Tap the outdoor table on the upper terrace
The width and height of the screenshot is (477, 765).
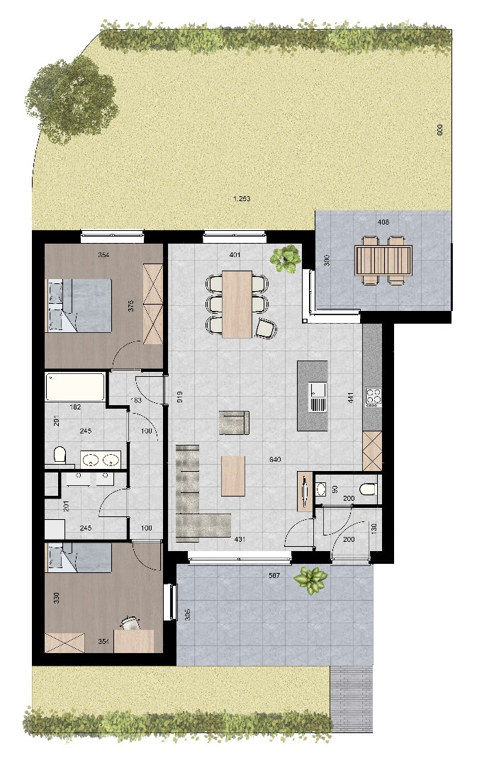383,259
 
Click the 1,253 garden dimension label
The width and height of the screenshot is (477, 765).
242,199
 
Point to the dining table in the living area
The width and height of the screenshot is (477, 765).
237,302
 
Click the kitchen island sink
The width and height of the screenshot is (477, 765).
317,397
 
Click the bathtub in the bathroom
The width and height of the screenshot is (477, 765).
76,387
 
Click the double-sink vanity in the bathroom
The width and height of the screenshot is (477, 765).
100,459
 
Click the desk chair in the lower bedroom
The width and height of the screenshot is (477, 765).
130,623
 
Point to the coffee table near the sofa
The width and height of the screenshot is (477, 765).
232,475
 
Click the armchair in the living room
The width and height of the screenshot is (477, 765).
234,422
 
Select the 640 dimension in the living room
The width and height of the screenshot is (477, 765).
276,460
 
